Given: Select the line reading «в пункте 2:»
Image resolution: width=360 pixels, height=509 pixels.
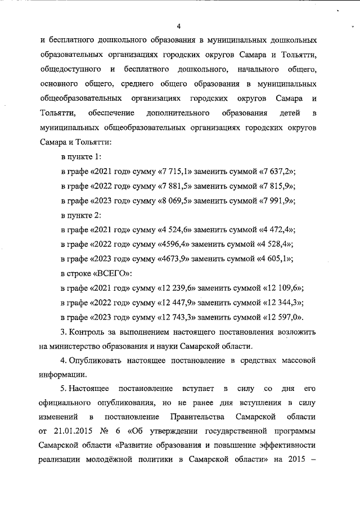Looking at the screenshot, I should click(81, 215).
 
